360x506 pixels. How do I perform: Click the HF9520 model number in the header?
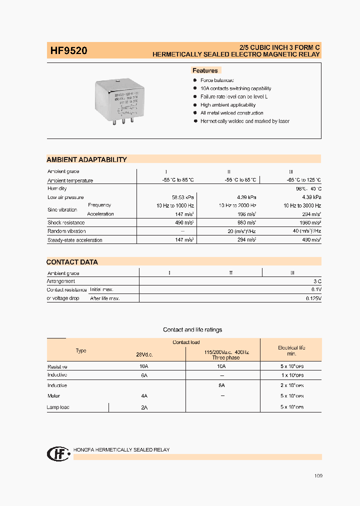pos(69,50)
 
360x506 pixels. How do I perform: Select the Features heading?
pos(205,70)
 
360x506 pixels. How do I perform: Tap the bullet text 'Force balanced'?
pos(217,80)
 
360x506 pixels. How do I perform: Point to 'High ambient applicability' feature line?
pos(228,105)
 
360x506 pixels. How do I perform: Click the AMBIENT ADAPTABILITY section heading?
pos(86,159)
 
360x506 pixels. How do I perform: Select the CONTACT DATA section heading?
pos(72,262)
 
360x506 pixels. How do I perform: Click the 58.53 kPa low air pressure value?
pos(182,197)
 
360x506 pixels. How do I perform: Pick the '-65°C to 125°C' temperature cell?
pos(301,180)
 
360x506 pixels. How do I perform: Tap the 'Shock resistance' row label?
pos(66,222)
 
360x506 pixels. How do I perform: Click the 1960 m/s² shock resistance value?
pos(309,222)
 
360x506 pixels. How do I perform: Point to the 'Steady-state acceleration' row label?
pos(75,240)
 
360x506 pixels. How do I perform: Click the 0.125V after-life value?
pos(313,298)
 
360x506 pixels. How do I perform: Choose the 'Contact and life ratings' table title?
pos(192,330)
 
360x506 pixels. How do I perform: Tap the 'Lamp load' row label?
pos(58,407)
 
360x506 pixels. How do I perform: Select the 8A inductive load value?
pos(221,385)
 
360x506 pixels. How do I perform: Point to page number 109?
pos(318,475)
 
